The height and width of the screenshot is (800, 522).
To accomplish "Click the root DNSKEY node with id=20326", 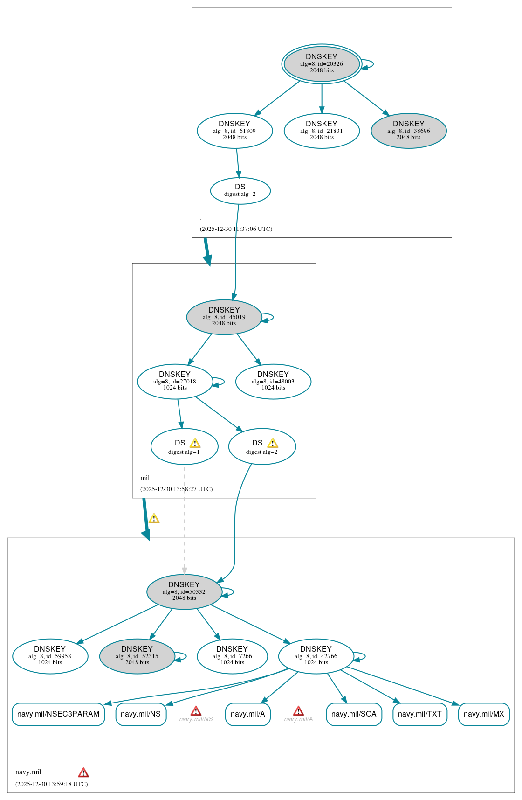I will click(322, 64).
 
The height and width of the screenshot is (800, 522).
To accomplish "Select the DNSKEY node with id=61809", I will click(234, 131).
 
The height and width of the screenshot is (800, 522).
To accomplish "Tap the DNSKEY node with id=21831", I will click(322, 131).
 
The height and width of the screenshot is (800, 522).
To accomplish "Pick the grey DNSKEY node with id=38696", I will click(409, 131).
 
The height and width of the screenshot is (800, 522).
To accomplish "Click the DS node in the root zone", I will click(240, 190).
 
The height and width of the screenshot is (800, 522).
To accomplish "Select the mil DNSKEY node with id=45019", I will click(224, 317).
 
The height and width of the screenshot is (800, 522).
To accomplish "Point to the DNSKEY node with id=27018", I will click(175, 381).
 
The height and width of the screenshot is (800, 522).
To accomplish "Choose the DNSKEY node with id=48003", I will click(273, 381).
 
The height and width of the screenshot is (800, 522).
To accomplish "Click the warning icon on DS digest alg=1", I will click(195, 443).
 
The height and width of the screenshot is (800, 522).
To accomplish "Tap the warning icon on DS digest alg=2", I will click(273, 443).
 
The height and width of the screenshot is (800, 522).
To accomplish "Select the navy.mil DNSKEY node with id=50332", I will click(184, 591).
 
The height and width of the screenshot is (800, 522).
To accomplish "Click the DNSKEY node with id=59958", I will click(50, 656).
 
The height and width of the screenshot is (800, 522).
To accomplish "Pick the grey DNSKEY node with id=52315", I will click(137, 656).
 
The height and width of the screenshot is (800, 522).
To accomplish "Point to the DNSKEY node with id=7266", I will click(232, 656).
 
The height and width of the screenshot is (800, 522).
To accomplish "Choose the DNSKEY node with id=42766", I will click(316, 656).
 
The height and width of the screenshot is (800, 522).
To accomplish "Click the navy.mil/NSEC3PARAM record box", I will click(58, 714).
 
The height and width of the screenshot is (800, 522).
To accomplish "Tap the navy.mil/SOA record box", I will click(354, 714).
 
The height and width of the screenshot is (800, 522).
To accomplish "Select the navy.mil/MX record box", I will click(484, 714).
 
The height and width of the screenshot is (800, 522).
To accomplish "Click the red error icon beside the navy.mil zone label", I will click(83, 772).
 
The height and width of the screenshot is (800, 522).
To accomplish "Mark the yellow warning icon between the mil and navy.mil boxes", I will click(154, 518).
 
